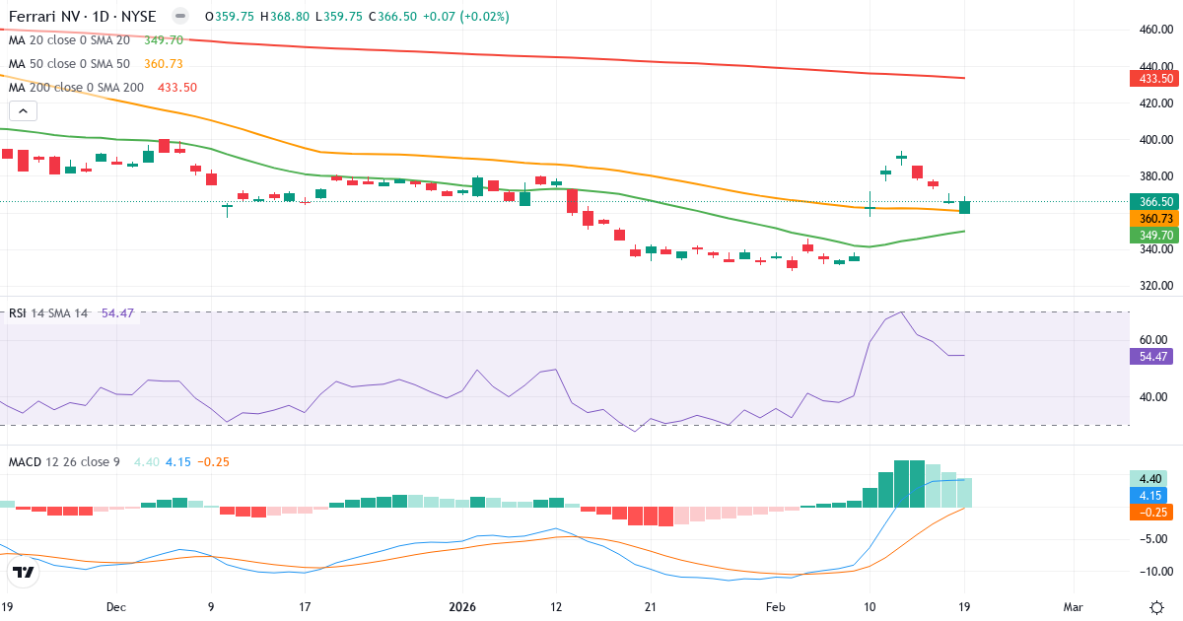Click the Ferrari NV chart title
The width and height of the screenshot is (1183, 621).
tap(83, 17)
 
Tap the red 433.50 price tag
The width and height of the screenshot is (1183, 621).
tap(1152, 78)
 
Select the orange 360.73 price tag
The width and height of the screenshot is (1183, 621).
tap(1152, 218)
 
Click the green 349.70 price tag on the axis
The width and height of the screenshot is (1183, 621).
tap(1152, 235)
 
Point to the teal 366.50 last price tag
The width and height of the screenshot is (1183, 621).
tap(1152, 201)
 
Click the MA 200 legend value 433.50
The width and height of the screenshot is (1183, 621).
tap(177, 88)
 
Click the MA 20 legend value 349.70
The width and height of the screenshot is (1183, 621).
tap(164, 40)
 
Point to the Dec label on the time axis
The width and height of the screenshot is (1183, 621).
tap(116, 606)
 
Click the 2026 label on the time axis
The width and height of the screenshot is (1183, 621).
tap(462, 606)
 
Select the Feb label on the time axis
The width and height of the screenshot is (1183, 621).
tap(777, 606)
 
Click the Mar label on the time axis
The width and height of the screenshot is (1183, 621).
tap(1073, 606)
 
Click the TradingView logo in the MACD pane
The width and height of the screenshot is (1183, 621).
tap(24, 573)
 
